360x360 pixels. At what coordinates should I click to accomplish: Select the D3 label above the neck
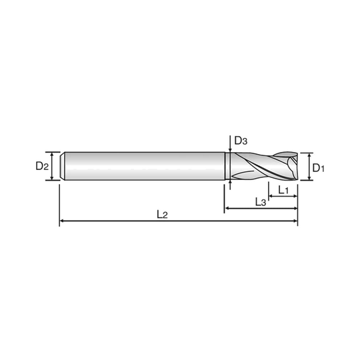[241, 141]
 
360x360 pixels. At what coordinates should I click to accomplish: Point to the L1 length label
[283, 192]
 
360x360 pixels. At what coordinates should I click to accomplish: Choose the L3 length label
[261, 201]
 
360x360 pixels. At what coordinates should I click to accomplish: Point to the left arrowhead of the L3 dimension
[229, 208]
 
